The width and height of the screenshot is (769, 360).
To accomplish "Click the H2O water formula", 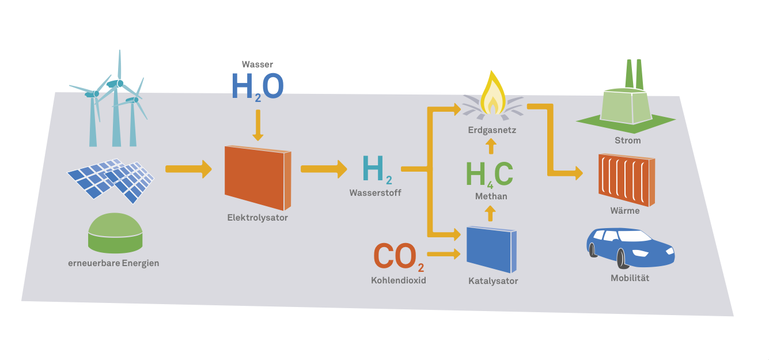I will coord(257,87).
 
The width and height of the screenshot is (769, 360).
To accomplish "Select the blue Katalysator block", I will coord(491,249).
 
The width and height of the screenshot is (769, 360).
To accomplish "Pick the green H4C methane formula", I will coord(489,175).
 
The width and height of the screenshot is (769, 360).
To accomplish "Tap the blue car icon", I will coord(630,248).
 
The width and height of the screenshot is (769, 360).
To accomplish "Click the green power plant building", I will coord(626,104).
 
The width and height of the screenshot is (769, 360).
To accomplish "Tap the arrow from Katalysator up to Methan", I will coord(490,214).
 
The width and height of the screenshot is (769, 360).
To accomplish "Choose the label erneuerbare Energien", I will coord(113,263).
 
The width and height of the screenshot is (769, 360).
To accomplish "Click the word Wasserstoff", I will coord(375,193).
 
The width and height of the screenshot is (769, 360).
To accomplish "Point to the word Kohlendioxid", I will coord(399,281).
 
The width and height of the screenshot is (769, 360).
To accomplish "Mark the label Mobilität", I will coord(630,278).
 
